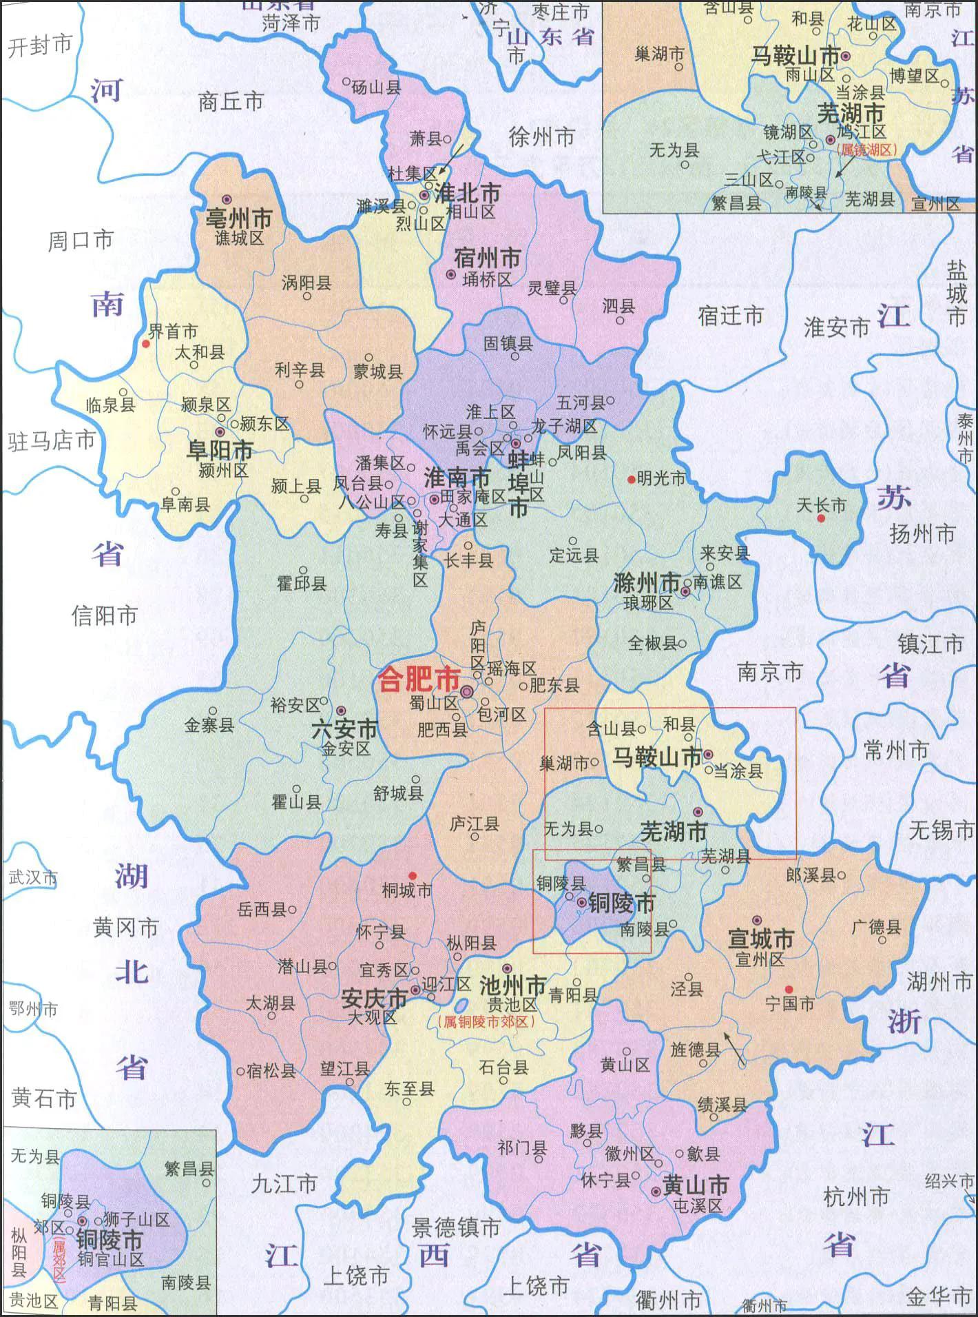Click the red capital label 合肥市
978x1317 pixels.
[x=419, y=681]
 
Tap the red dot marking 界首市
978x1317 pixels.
[x=146, y=343]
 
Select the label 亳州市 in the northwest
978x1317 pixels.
[x=239, y=219]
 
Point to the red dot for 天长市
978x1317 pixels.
[x=820, y=518]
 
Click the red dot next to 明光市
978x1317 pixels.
[x=631, y=479]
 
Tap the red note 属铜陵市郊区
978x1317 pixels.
[x=487, y=1023]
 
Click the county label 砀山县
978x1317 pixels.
[x=376, y=87]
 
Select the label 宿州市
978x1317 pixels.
[x=487, y=258]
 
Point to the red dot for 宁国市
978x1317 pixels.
[x=790, y=988]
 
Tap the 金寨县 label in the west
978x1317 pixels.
[x=209, y=724]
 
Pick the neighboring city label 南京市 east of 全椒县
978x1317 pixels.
[x=769, y=671]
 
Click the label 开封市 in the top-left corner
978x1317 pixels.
[x=40, y=45]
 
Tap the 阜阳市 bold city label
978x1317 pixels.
[x=220, y=450]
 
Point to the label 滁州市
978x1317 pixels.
[x=645, y=584]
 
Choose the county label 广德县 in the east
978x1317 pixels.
[x=876, y=928]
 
